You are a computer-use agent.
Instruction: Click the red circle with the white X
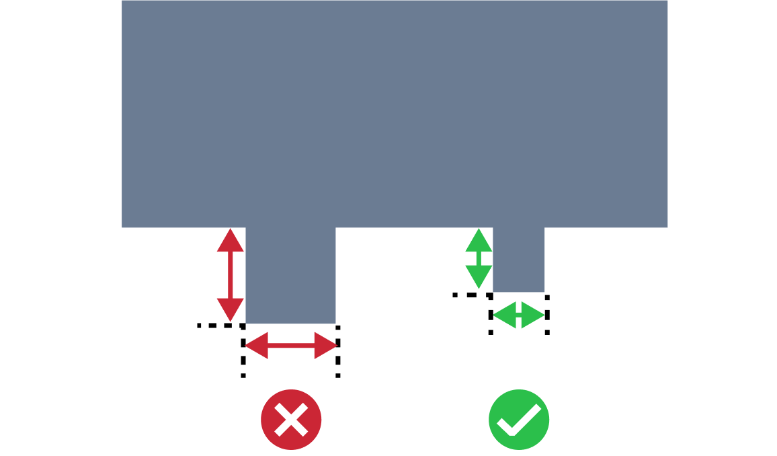tap(291, 419)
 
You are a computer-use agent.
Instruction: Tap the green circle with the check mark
tap(519, 419)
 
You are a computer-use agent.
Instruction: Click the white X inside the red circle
tap(291, 419)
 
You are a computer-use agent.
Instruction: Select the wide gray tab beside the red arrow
tap(290, 276)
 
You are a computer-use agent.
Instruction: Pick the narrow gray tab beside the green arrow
tap(519, 260)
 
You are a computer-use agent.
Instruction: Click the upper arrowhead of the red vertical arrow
tap(231, 241)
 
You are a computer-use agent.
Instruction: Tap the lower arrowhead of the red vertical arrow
tap(231, 309)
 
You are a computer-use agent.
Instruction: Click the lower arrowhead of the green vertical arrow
tap(479, 276)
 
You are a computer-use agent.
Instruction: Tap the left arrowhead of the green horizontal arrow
tap(505, 315)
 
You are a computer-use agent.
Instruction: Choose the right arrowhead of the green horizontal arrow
tap(532, 315)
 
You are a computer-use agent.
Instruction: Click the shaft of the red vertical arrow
tap(231, 275)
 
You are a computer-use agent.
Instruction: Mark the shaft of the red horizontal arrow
tap(291, 346)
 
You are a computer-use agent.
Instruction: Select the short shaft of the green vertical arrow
tap(479, 259)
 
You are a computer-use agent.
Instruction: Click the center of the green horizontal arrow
tap(519, 315)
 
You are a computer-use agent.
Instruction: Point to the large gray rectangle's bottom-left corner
tap(123, 227)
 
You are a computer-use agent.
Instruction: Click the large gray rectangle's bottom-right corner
tap(667, 227)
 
